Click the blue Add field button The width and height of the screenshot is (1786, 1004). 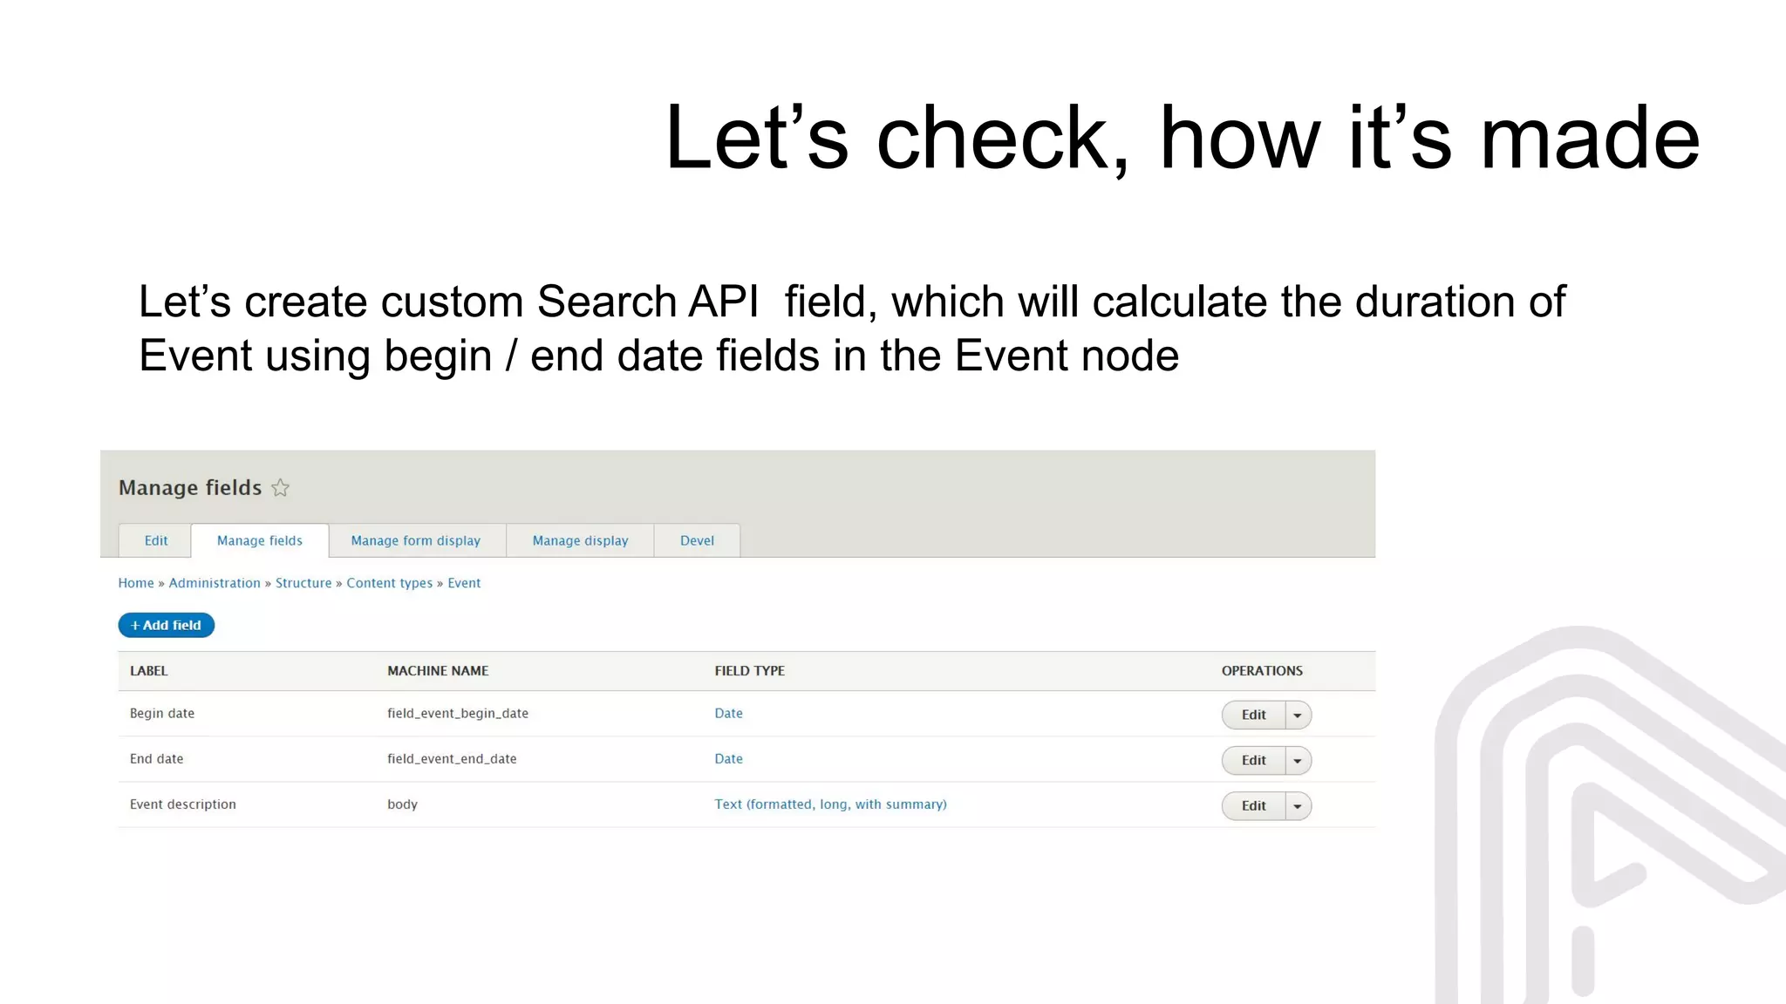166,625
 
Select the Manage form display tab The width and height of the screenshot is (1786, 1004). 416,540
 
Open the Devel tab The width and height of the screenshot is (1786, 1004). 697,540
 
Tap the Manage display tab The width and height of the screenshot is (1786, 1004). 580,540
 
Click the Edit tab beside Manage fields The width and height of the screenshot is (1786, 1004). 156,540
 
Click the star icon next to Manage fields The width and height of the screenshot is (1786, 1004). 280,488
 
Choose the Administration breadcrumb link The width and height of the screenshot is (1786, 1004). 215,583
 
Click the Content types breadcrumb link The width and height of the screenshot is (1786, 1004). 389,583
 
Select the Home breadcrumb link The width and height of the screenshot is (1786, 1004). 136,583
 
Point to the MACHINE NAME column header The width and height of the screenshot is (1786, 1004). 438,671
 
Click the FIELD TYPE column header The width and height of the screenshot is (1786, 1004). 749,671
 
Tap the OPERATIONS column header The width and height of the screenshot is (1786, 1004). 1261,671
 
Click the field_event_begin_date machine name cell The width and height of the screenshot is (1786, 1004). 458,713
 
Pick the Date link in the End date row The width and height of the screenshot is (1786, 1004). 728,759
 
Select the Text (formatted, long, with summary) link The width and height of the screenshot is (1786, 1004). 830,804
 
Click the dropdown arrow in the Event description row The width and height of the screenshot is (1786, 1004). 1298,806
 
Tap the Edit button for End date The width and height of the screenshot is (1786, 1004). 1253,760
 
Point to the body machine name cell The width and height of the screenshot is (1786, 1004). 402,804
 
